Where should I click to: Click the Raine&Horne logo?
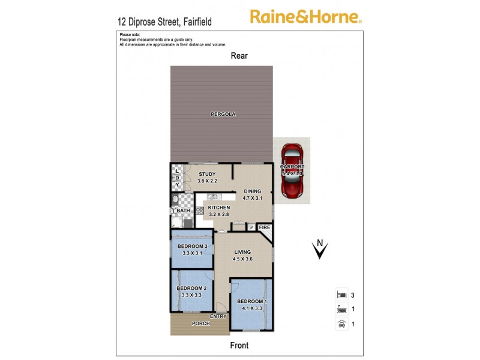point(305,16)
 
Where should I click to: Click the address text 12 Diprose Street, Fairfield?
point(164,22)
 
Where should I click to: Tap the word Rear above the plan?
point(239,56)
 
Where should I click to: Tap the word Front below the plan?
point(239,345)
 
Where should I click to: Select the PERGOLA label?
point(222,114)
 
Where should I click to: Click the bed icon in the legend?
point(340,295)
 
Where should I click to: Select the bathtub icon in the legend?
point(340,310)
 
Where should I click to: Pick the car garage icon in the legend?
point(340,324)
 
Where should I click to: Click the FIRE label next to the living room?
point(265,228)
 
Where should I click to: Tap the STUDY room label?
point(207,175)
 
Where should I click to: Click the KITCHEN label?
point(219,208)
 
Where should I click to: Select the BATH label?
point(183,211)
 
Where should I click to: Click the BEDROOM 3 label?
point(193,246)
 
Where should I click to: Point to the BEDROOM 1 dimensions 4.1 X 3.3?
point(251,308)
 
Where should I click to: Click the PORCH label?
point(200,323)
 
